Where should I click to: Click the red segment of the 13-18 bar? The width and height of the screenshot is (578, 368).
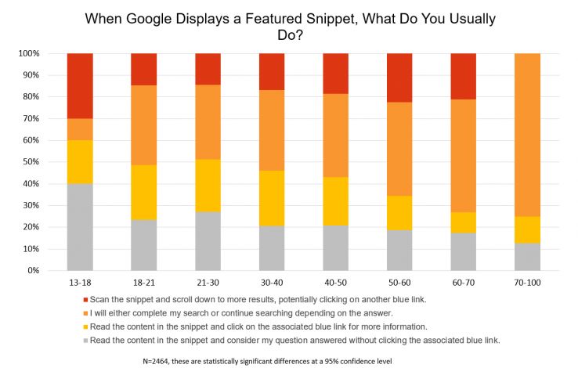80,85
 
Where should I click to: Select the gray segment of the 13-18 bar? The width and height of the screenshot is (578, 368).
80,227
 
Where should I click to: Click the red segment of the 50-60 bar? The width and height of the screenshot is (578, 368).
399,78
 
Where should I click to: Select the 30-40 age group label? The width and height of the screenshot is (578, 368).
271,282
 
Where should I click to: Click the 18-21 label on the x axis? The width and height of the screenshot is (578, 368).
143,282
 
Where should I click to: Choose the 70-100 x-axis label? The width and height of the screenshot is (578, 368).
526,282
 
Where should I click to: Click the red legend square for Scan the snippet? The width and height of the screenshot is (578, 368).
85,299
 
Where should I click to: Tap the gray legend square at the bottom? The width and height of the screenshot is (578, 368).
85,339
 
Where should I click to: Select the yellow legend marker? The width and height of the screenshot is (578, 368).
85,326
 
